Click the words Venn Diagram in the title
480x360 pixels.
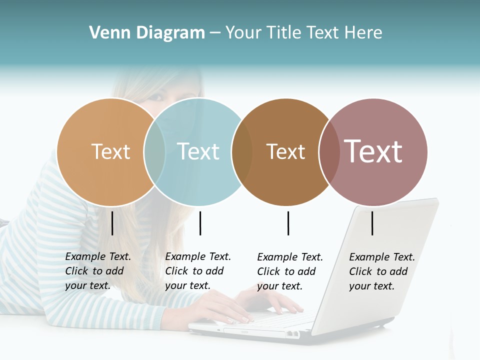[x=147, y=33]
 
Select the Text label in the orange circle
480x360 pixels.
[x=110, y=151]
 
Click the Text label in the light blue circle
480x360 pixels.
[x=198, y=151]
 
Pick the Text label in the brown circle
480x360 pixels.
[x=285, y=151]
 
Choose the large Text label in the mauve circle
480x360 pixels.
[x=373, y=151]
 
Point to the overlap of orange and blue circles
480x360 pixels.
[x=154, y=152]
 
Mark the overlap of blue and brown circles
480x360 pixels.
[x=242, y=152]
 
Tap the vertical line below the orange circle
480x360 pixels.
[x=112, y=223]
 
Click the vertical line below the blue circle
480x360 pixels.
[x=200, y=223]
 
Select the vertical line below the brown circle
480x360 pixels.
[x=288, y=223]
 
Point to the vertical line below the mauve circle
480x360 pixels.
[x=372, y=223]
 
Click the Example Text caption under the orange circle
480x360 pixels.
[x=97, y=271]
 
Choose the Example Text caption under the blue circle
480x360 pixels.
[x=197, y=271]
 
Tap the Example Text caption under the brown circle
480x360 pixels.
[x=289, y=271]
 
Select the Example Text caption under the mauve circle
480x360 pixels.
[x=381, y=271]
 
